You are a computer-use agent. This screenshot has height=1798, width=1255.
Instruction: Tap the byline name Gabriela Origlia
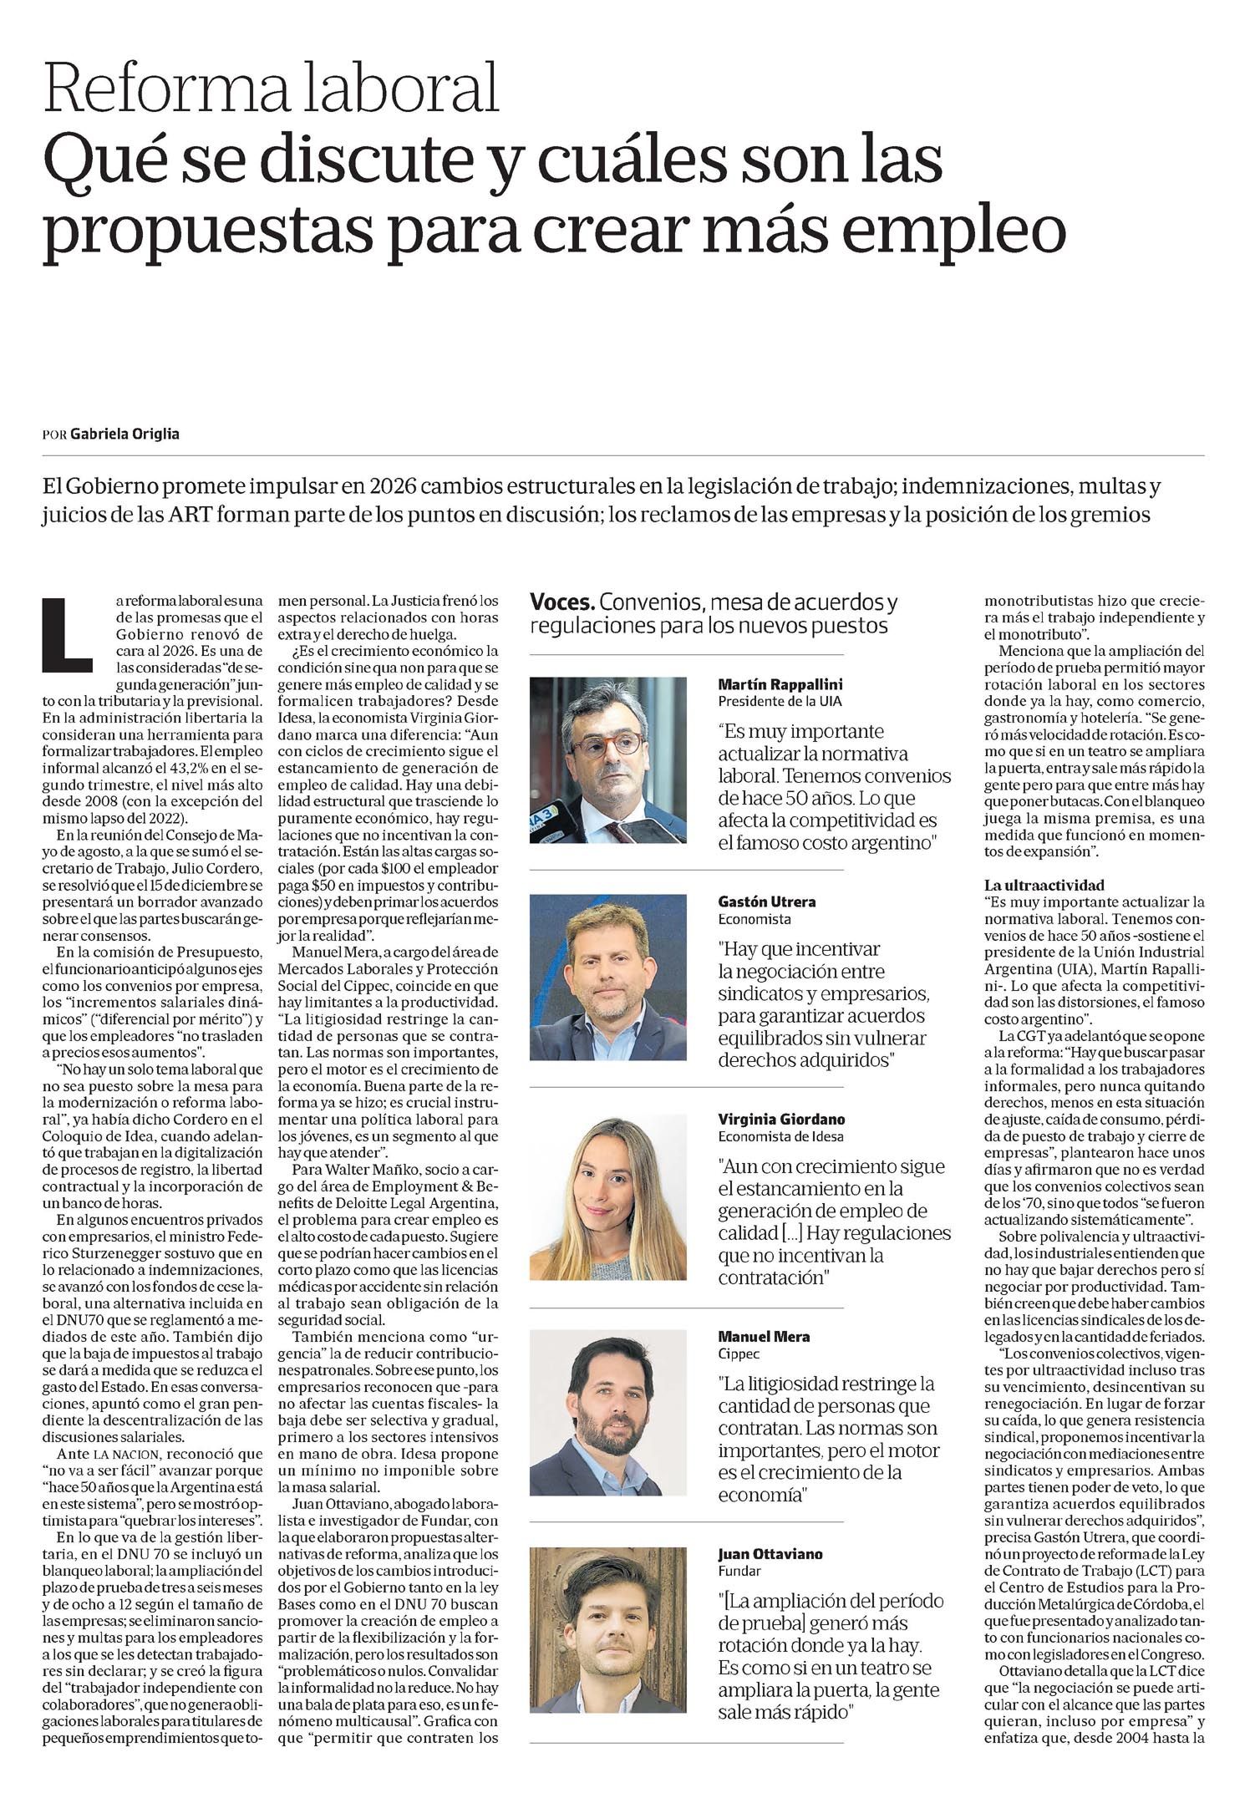[124, 434]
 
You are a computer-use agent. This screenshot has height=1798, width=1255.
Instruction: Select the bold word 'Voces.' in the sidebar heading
[562, 602]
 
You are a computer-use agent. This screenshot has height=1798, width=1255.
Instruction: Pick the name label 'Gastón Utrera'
[767, 902]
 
